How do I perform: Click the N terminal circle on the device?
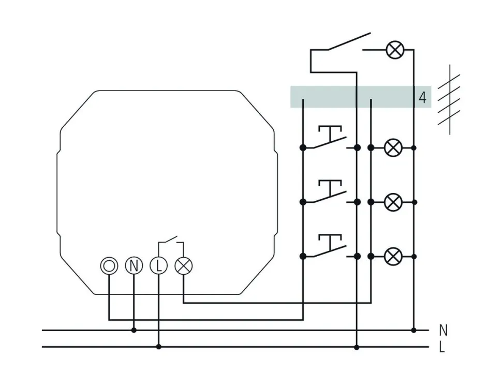tap(134, 266)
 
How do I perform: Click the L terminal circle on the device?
tap(158, 266)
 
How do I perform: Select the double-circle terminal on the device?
tap(109, 266)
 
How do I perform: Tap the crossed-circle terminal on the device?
tap(183, 266)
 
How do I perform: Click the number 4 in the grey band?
tap(423, 98)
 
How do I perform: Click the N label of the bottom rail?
tap(442, 330)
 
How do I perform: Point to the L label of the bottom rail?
tap(442, 347)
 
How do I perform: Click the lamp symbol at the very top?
tap(395, 50)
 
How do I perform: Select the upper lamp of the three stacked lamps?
tap(393, 148)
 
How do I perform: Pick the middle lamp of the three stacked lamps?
tap(393, 202)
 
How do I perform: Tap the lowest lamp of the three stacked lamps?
tap(393, 256)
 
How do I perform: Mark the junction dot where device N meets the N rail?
tap(134, 330)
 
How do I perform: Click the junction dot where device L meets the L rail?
tap(158, 347)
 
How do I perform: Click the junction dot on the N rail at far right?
tap(413, 330)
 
